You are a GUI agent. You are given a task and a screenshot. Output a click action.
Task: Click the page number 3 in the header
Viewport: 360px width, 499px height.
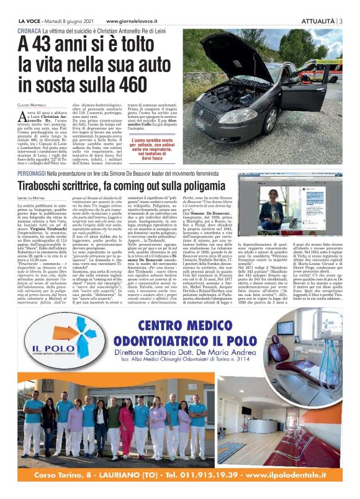(342, 20)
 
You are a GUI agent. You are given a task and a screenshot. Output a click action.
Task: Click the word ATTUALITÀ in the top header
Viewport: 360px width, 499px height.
(318, 20)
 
